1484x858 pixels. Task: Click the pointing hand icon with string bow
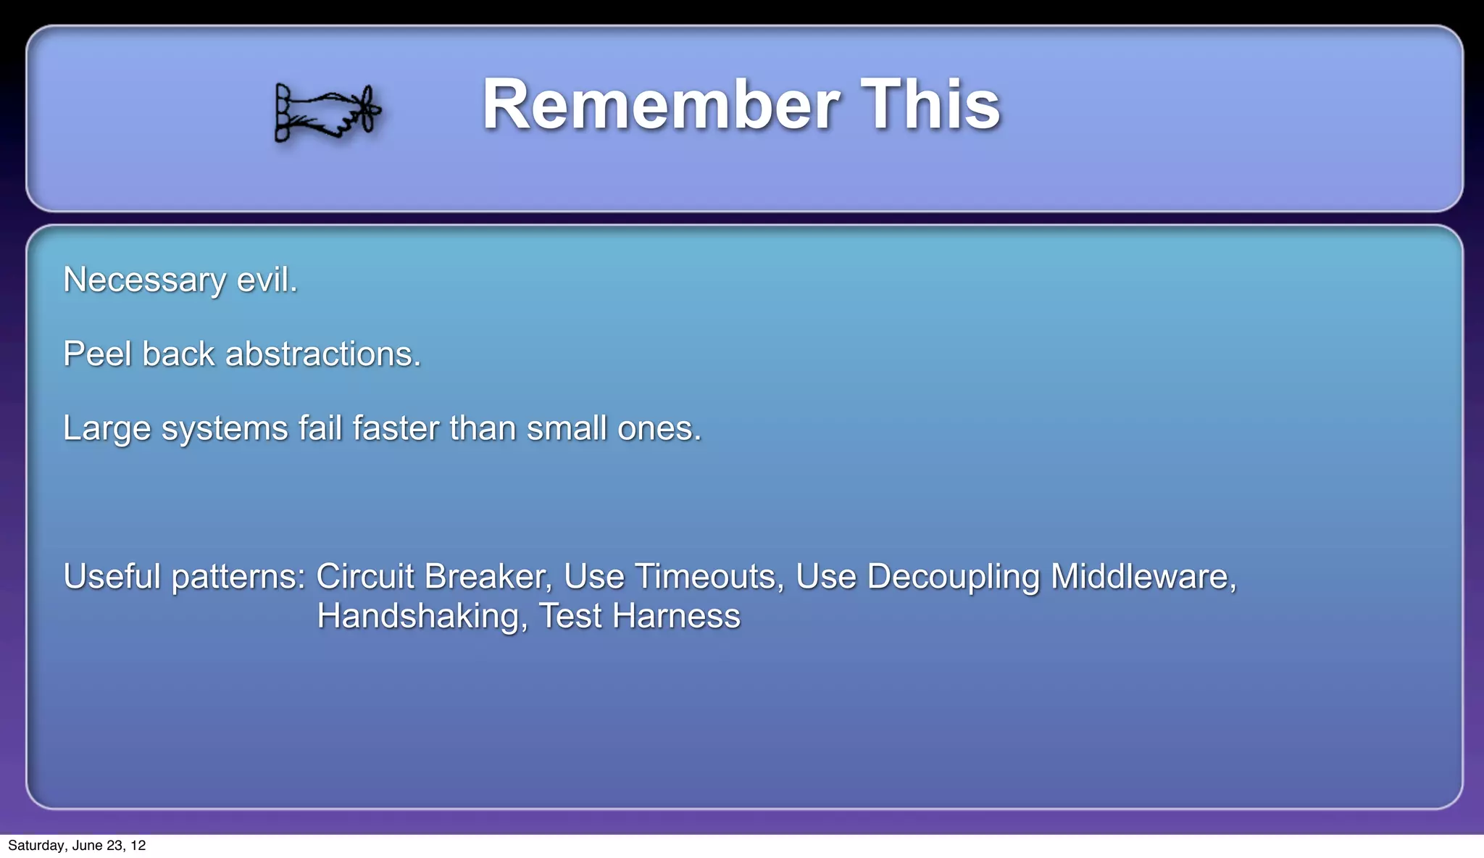pos(328,112)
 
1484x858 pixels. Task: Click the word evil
pos(267,280)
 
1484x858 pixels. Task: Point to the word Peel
pos(98,354)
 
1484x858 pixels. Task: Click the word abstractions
pos(323,354)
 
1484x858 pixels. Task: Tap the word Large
pos(106,428)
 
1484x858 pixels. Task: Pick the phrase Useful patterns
pos(184,577)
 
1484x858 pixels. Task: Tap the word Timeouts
pos(709,577)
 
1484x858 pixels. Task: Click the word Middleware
pos(1143,577)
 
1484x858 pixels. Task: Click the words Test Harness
pos(640,616)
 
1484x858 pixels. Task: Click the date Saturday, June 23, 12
pos(77,846)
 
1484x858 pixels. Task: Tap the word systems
pos(225,428)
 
